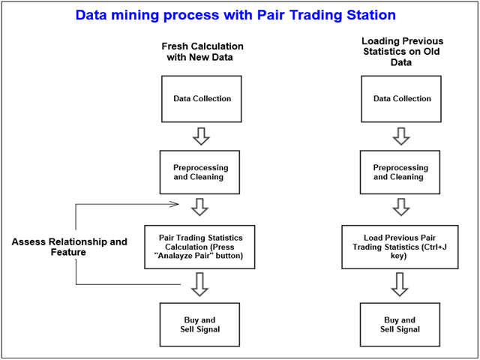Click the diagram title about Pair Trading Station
pos(235,15)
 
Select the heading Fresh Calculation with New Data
pos(202,52)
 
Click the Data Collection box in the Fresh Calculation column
pos(201,99)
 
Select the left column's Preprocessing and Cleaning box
pos(201,172)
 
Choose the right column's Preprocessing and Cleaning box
pos(400,172)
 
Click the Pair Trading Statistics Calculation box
pos(201,247)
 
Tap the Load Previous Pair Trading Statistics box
pos(400,247)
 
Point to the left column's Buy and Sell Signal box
pos(201,324)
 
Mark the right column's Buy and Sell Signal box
pos(400,324)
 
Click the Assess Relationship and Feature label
pos(69,247)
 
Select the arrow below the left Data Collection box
pos(201,136)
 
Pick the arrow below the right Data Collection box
pos(400,136)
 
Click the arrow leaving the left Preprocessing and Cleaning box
pos(201,207)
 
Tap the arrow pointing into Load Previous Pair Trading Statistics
pos(400,207)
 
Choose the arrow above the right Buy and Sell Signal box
pos(400,284)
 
